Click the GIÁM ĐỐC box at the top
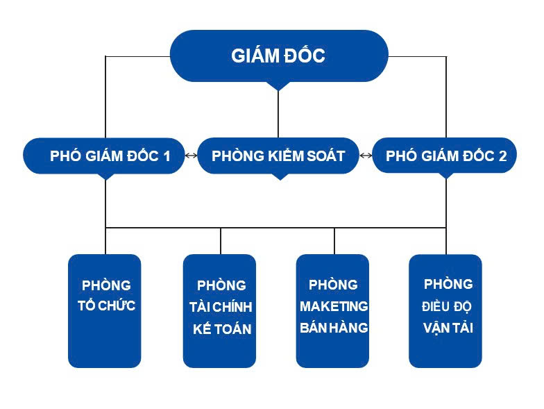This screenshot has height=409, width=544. pos(278,56)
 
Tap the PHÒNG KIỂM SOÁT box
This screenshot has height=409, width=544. pos(278,156)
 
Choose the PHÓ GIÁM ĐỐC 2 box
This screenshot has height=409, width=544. pos(446,156)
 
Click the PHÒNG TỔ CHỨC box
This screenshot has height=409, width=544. pos(105,310)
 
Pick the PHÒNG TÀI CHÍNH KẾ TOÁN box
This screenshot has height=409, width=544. pos(220,310)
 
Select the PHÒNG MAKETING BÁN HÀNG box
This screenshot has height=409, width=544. pos(333,310)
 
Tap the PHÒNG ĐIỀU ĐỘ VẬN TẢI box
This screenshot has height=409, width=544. pos(445,310)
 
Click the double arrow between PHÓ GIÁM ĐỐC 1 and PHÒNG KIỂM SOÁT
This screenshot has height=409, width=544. pos(191,156)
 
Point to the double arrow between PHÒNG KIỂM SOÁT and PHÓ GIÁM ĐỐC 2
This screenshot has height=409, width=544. pos(366,156)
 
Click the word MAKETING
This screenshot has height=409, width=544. pos(334,306)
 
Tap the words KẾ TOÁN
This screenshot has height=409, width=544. pos(222,329)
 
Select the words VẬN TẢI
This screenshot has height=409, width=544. pos(448,328)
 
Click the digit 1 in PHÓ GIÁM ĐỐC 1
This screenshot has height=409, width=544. pos(166,156)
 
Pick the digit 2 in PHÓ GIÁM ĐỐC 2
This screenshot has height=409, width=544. pos(502,156)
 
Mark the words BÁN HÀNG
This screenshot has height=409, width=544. pos(334,328)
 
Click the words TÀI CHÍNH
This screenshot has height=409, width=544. pos(221,307)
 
